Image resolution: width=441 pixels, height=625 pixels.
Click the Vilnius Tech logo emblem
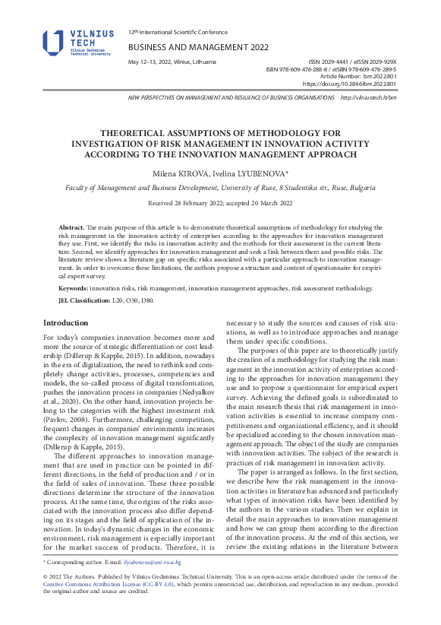point(53,43)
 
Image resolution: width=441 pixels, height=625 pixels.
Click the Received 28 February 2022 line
point(220,204)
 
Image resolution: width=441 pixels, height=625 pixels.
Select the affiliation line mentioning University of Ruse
point(220,187)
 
